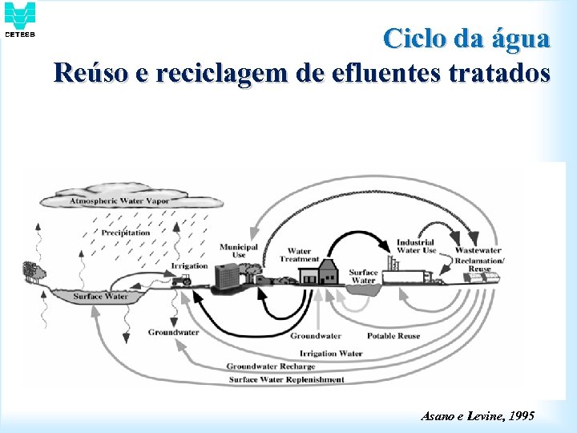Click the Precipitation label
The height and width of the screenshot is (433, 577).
point(126,233)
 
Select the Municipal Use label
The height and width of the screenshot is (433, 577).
point(239,251)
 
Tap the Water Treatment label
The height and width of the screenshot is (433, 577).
point(300,256)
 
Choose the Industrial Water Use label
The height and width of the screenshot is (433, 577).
point(416,246)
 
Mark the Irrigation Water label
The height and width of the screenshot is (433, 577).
point(331,353)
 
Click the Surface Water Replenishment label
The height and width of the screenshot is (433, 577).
point(286,379)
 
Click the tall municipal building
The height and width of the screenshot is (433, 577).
point(228,275)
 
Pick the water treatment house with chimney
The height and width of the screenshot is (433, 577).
point(318,274)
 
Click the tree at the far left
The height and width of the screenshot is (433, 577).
point(32,269)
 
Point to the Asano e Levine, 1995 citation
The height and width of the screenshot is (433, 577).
point(478,415)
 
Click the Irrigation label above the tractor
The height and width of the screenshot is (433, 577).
point(190,265)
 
